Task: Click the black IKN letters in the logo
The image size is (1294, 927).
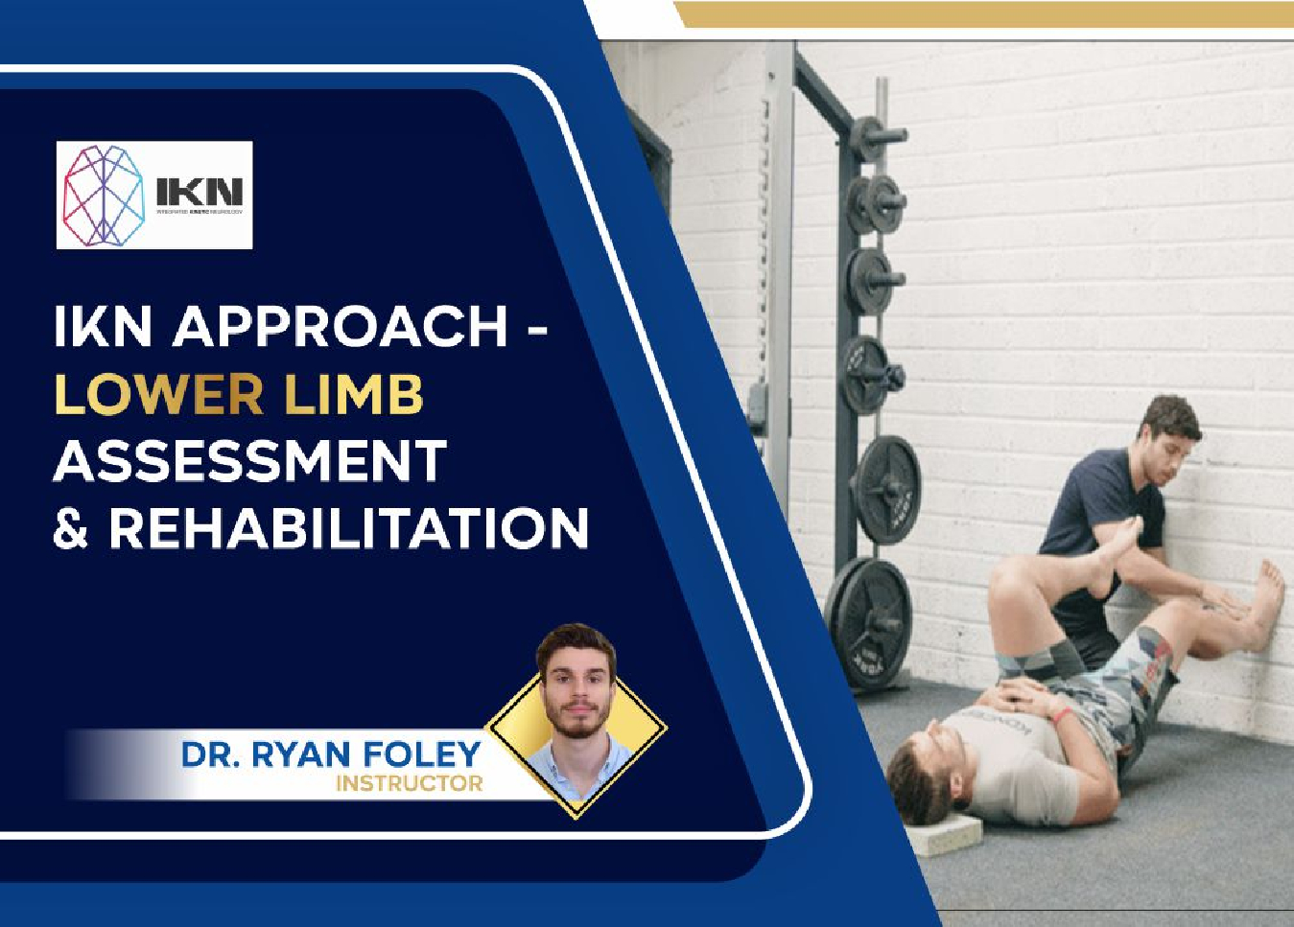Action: tap(200, 190)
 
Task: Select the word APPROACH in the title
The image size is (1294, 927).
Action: tap(341, 327)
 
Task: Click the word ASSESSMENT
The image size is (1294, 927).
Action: tap(250, 461)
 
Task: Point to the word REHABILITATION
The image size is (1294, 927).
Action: tap(348, 528)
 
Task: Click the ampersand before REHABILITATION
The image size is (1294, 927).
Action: tap(70, 528)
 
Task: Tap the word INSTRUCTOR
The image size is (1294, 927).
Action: tap(409, 784)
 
